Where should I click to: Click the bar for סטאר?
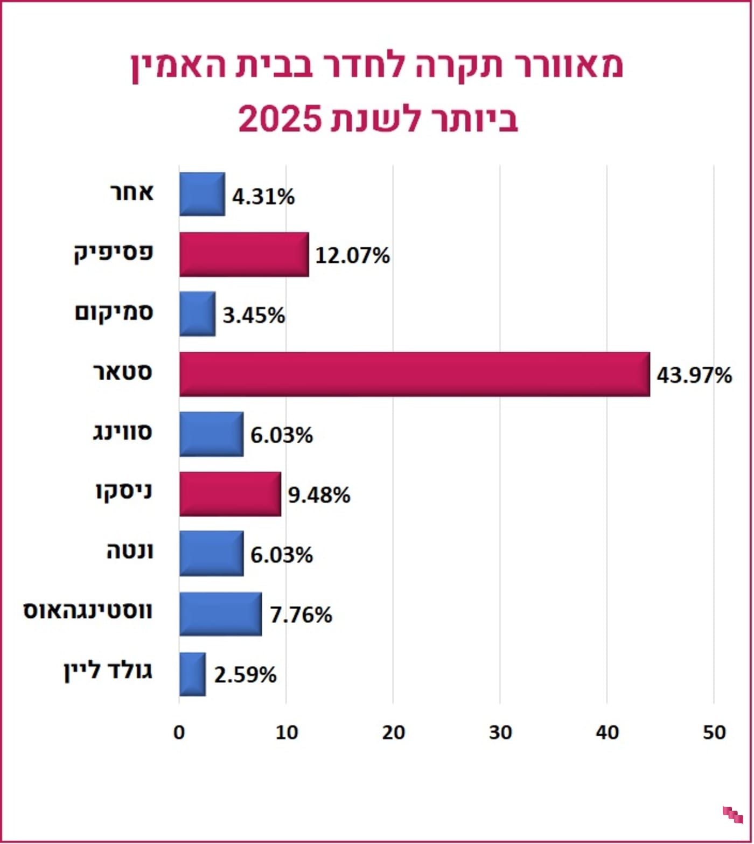(x=414, y=374)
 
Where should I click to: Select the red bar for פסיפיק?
(x=244, y=255)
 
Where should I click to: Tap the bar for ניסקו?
(x=230, y=494)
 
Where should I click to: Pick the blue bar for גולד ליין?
(x=192, y=674)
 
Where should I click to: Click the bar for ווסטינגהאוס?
(x=220, y=614)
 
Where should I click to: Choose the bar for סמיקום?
(x=197, y=314)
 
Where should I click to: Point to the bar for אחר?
(x=202, y=194)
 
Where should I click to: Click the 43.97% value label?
(x=694, y=375)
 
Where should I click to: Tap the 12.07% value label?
(x=352, y=255)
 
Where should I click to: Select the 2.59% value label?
(x=245, y=674)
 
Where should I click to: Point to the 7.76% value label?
(x=301, y=615)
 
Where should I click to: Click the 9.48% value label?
(x=319, y=494)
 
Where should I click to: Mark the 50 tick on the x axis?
(x=714, y=733)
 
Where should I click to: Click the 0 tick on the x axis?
(x=179, y=733)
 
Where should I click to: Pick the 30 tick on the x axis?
(x=500, y=733)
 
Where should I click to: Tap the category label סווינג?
(x=123, y=433)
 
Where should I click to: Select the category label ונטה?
(x=130, y=552)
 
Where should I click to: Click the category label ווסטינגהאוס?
(x=88, y=611)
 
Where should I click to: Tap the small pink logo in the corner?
(x=732, y=814)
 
